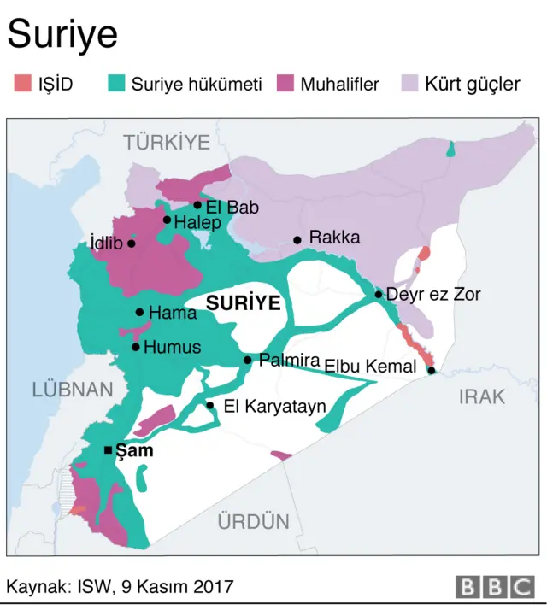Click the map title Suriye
click(62, 36)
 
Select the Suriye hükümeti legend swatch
click(116, 84)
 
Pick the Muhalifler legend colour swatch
click(285, 84)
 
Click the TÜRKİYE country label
click(168, 142)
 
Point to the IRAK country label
click(481, 396)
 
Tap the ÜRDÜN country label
click(253, 521)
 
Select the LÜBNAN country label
click(73, 390)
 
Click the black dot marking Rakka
click(297, 240)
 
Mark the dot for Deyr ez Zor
click(379, 295)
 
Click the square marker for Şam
click(108, 450)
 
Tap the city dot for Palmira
click(248, 361)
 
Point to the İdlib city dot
click(131, 243)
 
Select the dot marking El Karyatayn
click(210, 406)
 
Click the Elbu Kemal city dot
click(432, 371)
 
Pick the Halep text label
click(197, 222)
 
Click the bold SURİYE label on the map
click(244, 303)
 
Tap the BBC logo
click(495, 587)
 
